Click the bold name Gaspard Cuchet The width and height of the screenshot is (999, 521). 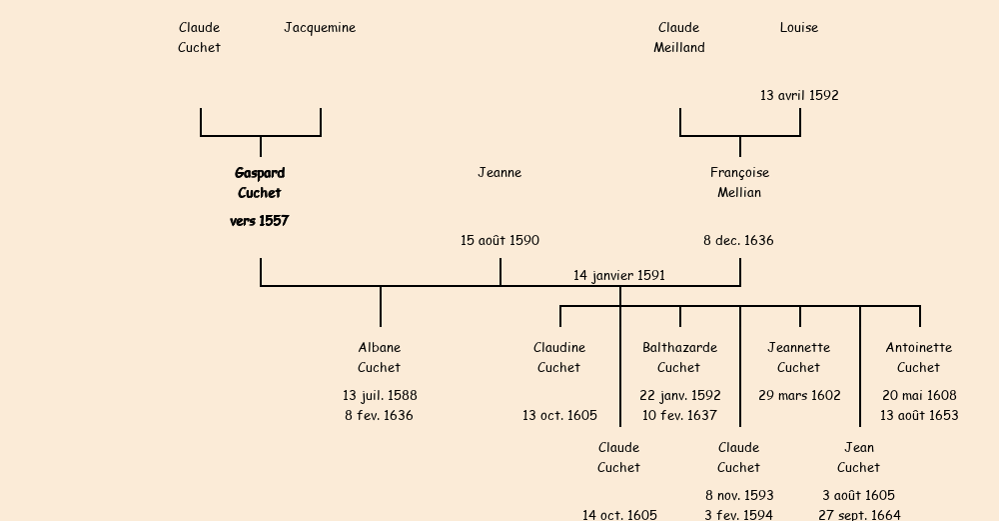click(260, 183)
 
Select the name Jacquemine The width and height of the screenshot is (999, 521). click(320, 28)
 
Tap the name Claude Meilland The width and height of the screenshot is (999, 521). click(679, 38)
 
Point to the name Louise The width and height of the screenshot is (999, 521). click(799, 28)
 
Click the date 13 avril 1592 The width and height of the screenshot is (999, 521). click(799, 96)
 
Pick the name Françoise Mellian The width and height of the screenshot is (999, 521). click(739, 183)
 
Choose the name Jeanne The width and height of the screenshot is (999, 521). click(499, 173)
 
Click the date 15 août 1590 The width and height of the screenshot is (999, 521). click(499, 241)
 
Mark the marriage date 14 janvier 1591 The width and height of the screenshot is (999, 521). click(619, 276)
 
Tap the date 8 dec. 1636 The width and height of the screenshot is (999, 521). click(738, 241)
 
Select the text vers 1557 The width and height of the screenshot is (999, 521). click(260, 221)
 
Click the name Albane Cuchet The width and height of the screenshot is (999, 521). click(380, 358)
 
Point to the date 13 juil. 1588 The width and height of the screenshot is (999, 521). click(380, 396)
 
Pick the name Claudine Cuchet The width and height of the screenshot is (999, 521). click(559, 358)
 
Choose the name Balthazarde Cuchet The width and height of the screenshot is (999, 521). click(679, 358)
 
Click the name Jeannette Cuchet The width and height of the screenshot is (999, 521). click(799, 358)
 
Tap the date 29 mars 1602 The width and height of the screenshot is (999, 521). click(799, 396)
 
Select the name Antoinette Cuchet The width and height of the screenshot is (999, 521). click(919, 358)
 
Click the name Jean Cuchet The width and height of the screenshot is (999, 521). click(859, 458)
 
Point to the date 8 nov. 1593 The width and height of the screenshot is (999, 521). click(739, 496)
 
